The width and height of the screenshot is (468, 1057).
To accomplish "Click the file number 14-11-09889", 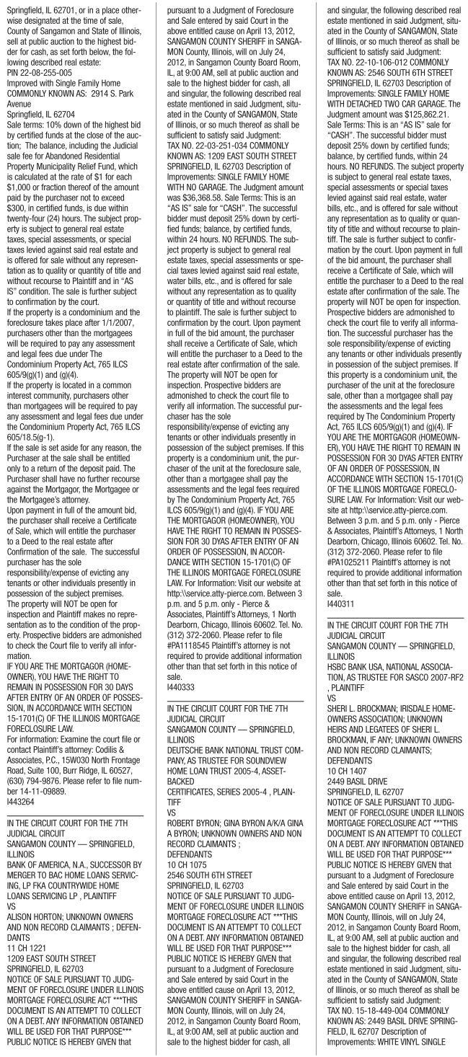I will [40, 777].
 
